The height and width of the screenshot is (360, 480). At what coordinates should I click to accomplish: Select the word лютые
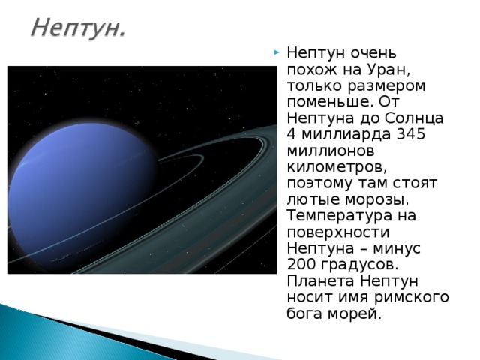[x=308, y=202]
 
